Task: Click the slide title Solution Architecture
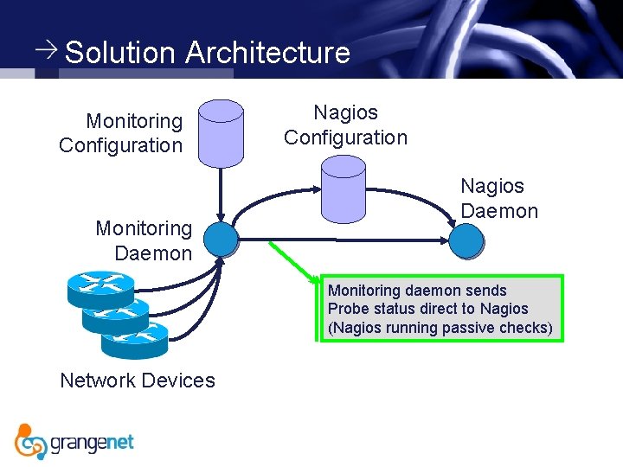[x=208, y=53]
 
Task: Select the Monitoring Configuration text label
[x=121, y=133]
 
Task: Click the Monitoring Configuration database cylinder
[x=221, y=133]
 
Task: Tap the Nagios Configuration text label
[x=345, y=125]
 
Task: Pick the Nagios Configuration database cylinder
[x=343, y=190]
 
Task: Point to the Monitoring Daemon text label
[x=145, y=240]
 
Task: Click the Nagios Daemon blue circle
[x=466, y=240]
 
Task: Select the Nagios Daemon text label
[x=498, y=198]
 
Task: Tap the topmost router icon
[x=100, y=285]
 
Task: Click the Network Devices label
[x=138, y=381]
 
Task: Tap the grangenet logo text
[x=93, y=443]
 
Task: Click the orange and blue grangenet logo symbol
[x=30, y=441]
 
